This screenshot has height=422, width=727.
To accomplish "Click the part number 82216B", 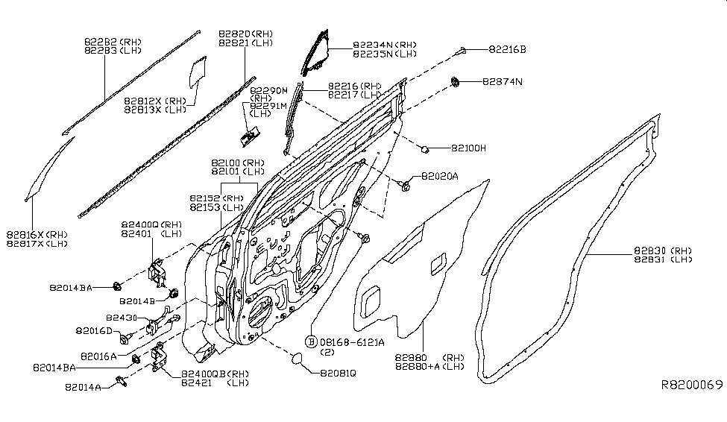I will pyautogui.click(x=507, y=50).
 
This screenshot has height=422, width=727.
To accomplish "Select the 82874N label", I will pyautogui.click(x=503, y=81).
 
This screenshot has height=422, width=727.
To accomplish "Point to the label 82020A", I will pyautogui.click(x=440, y=176).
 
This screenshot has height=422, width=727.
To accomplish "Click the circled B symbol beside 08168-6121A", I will pyautogui.click(x=310, y=341).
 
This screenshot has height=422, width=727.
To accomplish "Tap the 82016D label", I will pyautogui.click(x=94, y=330).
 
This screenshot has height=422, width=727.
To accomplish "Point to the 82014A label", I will pyautogui.click(x=84, y=387).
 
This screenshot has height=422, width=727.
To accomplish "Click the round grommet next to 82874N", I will pyautogui.click(x=454, y=80).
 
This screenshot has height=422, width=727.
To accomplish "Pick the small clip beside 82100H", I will pyautogui.click(x=424, y=148).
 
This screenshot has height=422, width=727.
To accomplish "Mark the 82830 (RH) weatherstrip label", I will pyautogui.click(x=664, y=251).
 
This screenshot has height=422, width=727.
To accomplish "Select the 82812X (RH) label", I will pyautogui.click(x=155, y=100).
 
